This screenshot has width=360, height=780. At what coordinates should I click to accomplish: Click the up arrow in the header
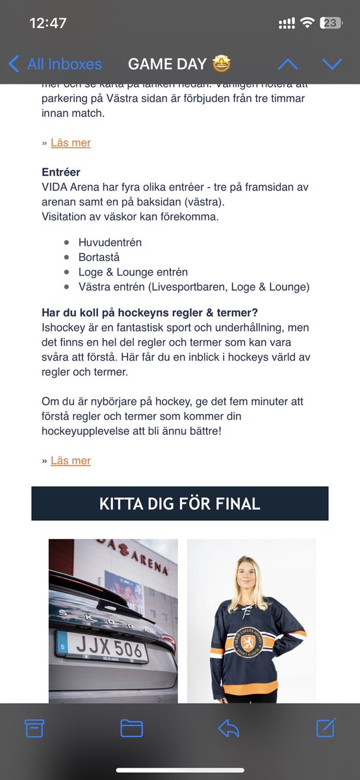click(288, 64)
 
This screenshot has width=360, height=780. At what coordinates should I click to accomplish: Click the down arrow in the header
click(332, 64)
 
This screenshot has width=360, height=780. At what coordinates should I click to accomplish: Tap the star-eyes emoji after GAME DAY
click(220, 64)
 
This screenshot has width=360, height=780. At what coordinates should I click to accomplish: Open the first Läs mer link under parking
click(71, 142)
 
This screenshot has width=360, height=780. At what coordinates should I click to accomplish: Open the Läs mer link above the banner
click(71, 460)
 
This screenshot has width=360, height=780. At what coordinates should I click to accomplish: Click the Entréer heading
click(60, 172)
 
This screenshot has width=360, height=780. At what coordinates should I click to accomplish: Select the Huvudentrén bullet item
click(110, 242)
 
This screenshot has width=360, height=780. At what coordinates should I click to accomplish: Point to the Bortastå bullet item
click(99, 257)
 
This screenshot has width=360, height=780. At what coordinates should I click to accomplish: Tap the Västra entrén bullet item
click(194, 287)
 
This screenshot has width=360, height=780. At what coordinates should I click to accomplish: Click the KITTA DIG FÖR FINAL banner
click(180, 503)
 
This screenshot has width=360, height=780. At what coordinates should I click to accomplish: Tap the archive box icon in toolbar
click(33, 728)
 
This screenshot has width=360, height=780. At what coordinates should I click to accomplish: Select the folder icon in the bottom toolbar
click(131, 728)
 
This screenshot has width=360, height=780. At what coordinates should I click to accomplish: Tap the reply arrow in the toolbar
click(229, 728)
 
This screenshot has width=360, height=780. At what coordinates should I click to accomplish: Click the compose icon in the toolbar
click(326, 727)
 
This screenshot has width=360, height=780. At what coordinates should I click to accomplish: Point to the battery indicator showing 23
click(331, 23)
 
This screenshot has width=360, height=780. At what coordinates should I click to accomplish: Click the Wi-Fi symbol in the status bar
click(307, 23)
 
